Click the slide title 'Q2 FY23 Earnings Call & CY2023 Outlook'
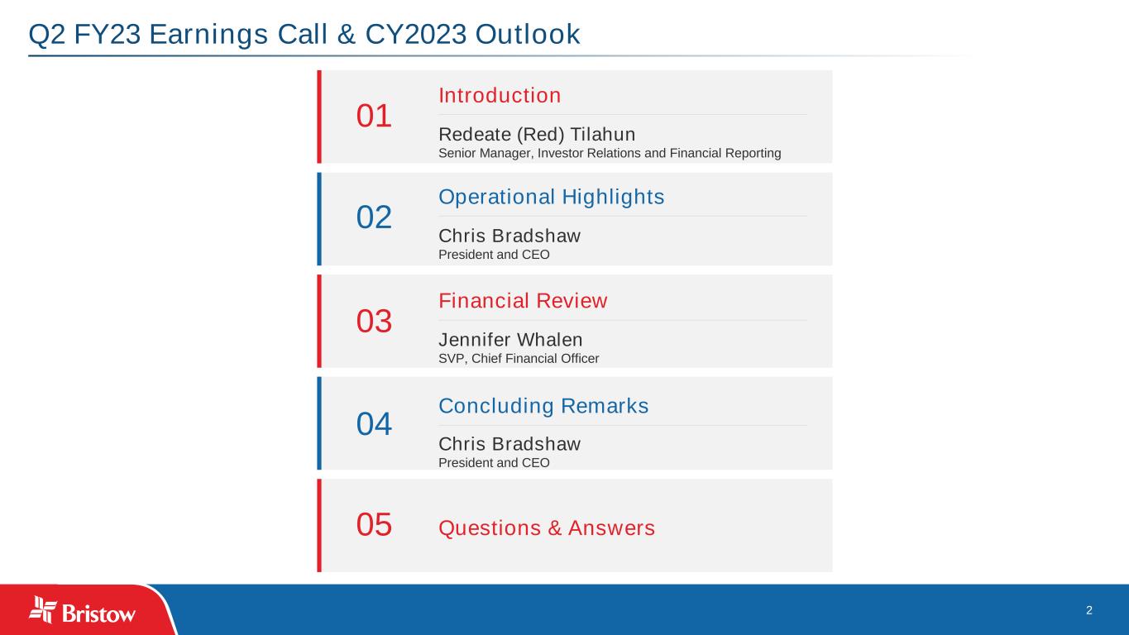click(x=304, y=34)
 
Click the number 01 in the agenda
click(x=374, y=116)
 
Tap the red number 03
click(x=374, y=321)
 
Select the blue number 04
click(x=374, y=424)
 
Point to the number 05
click(x=374, y=525)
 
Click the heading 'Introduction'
click(x=500, y=95)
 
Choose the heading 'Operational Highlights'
click(x=552, y=197)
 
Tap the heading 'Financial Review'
click(x=523, y=300)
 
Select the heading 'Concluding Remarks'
click(x=543, y=406)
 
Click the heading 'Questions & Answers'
click(x=547, y=528)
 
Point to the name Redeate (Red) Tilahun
click(x=537, y=135)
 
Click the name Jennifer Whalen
click(x=510, y=340)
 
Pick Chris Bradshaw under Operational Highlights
click(x=509, y=236)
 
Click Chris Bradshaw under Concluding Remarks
click(x=509, y=444)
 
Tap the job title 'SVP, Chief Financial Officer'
click(x=519, y=358)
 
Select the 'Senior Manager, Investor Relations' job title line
click(x=610, y=153)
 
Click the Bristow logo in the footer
click(x=82, y=610)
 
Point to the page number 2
click(x=1089, y=610)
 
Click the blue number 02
click(x=374, y=217)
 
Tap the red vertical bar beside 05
click(x=319, y=525)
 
